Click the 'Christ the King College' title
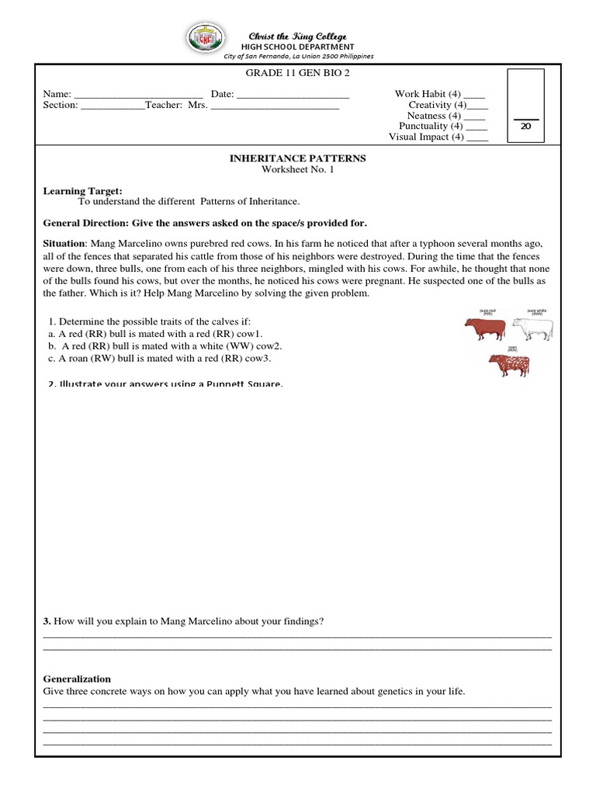pyautogui.click(x=297, y=36)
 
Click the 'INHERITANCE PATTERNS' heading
pyautogui.click(x=297, y=158)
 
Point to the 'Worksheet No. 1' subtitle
pyautogui.click(x=297, y=168)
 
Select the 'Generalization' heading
pyautogui.click(x=77, y=679)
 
